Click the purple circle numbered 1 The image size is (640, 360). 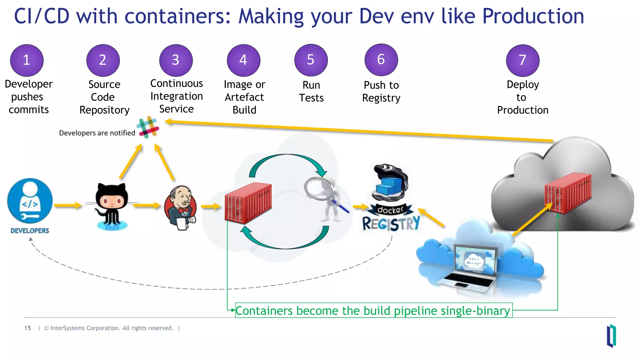coord(27,60)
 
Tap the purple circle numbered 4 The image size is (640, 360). coord(243,60)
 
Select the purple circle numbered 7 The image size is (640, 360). coord(522,60)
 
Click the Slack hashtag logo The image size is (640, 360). coord(148,127)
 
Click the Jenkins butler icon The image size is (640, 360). coord(181,208)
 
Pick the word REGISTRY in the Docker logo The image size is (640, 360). coord(391,224)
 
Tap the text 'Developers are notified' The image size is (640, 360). coord(97,133)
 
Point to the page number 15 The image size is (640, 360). coord(27,328)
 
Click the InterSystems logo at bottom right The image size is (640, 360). coord(611,336)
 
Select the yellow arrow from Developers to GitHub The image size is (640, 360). coord(67,206)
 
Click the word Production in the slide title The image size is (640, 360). coord(533,16)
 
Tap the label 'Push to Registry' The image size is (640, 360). coord(381,91)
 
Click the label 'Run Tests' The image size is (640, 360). coord(311,91)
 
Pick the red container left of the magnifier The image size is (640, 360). coord(248,203)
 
